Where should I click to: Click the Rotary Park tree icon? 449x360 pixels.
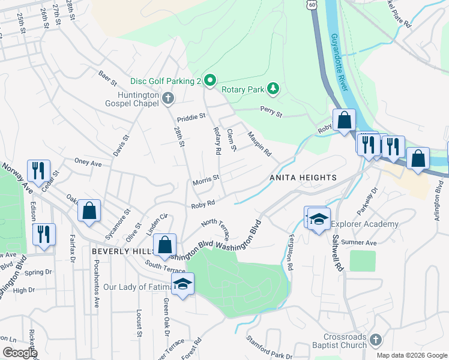274,89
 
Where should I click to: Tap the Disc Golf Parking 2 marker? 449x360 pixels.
209,80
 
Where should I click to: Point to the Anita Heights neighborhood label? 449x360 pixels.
303,178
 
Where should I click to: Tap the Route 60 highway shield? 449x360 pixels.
310,5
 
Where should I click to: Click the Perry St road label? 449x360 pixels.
270,109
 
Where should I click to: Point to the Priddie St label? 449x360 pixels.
191,115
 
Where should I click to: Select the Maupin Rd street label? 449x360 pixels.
259,145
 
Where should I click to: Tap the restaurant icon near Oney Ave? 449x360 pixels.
38,170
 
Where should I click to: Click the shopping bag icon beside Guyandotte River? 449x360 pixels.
345,119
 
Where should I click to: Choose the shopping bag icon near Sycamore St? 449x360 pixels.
89,210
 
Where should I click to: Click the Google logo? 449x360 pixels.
20,353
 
